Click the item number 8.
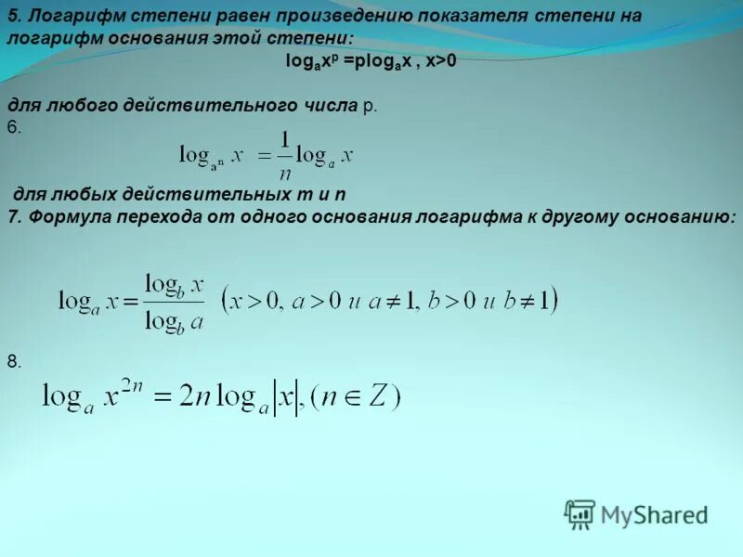click(13, 361)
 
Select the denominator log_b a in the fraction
click(174, 320)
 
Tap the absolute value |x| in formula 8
click(285, 398)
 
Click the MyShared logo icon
click(580, 514)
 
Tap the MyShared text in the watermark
click(654, 514)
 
